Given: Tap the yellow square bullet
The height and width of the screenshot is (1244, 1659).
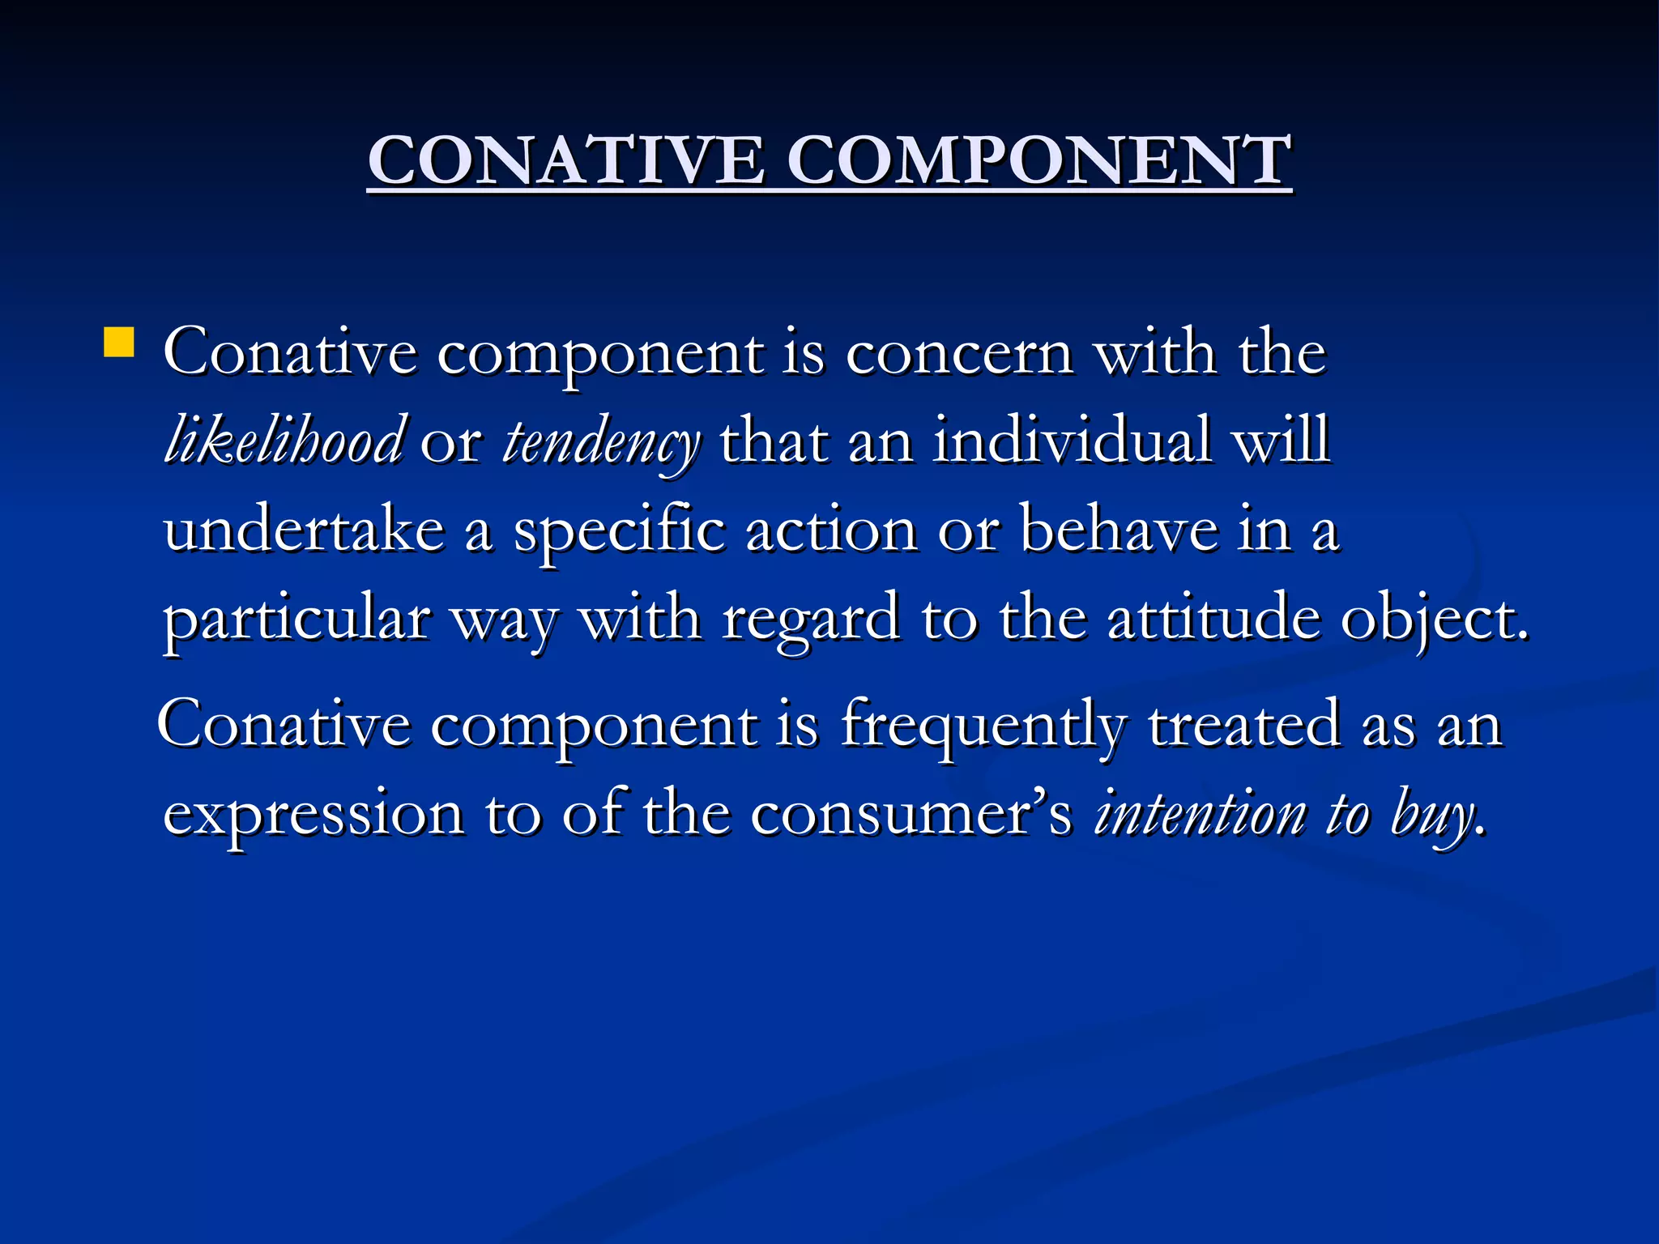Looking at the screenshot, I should [x=118, y=342].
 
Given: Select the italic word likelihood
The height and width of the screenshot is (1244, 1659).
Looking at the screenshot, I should [x=283, y=441].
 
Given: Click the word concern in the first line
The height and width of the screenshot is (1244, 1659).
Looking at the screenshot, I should [x=959, y=354].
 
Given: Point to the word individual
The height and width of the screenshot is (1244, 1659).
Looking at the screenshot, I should [x=1072, y=441].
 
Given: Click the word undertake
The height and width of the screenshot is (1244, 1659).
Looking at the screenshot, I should [x=304, y=530].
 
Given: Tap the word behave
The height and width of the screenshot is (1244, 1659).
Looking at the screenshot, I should [x=1120, y=530].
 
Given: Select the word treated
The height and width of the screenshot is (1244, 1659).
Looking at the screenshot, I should [x=1244, y=725].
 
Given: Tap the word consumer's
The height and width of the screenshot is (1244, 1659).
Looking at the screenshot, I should [x=911, y=814].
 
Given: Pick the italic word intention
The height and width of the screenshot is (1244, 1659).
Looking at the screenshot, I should [x=1200, y=814].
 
